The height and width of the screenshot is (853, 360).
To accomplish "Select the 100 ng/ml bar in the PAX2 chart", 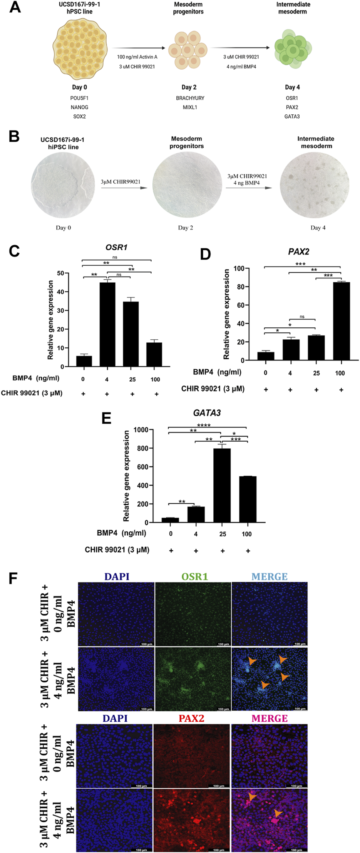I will click(x=341, y=321).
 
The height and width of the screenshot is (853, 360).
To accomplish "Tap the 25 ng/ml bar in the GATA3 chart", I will click(x=222, y=485).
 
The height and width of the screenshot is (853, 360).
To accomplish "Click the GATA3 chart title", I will click(x=207, y=413).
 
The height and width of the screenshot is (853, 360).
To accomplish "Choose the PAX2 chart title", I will click(x=298, y=252).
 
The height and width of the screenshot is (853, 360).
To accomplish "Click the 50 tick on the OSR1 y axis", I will click(x=60, y=273).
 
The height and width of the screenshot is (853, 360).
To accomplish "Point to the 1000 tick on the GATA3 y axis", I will click(x=143, y=430).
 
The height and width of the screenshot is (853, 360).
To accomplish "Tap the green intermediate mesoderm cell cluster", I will click(x=293, y=49).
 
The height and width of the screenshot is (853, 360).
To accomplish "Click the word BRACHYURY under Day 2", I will click(x=190, y=98).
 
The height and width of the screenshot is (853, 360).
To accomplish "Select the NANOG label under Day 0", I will click(x=79, y=107).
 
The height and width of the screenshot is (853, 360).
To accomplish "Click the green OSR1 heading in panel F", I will click(x=194, y=576).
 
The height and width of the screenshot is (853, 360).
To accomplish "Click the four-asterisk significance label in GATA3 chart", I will click(x=204, y=425).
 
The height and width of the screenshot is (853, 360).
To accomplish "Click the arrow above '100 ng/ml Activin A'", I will click(x=138, y=48).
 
